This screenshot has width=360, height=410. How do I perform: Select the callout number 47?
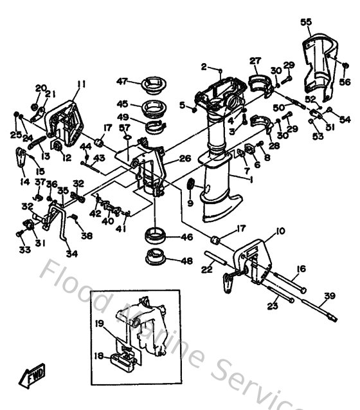pos(122,81)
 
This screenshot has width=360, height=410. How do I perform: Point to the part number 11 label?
pos(81,83)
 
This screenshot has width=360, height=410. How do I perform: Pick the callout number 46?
pos(187,238)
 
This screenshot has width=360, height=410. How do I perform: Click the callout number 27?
pos(255,61)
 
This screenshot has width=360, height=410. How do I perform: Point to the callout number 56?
pos(345,82)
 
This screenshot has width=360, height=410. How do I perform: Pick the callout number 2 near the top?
pos(204,66)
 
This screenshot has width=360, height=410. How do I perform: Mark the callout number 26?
pos(184,158)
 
